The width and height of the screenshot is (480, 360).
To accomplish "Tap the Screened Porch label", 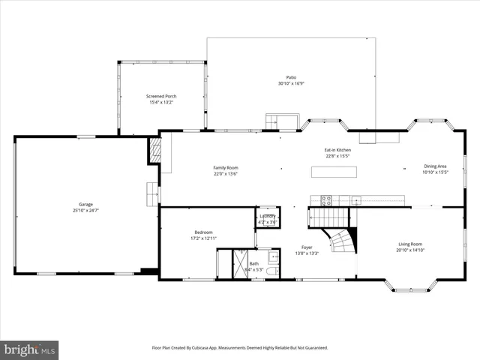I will pyautogui.click(x=161, y=97).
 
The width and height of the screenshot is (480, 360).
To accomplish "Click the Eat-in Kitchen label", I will pyautogui.click(x=337, y=150).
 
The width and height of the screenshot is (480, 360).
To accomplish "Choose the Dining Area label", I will pyautogui.click(x=435, y=166).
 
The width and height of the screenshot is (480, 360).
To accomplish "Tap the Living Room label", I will pyautogui.click(x=409, y=244).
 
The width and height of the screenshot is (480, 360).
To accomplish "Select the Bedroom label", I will pyautogui.click(x=204, y=232).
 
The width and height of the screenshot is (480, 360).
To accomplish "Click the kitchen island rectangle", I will pyautogui.click(x=334, y=172).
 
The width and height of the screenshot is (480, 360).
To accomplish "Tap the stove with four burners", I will pyautogui.click(x=327, y=200).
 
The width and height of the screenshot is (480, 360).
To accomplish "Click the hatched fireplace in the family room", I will pyautogui.click(x=155, y=149).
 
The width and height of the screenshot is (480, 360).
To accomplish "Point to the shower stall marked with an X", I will pyautogui.click(x=242, y=264).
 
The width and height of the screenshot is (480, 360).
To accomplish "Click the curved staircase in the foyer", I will pyautogui.click(x=343, y=244).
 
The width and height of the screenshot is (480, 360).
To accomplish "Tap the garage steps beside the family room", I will pyautogui.click(x=153, y=193).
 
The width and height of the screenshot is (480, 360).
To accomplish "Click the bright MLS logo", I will pyautogui.click(x=30, y=349).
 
